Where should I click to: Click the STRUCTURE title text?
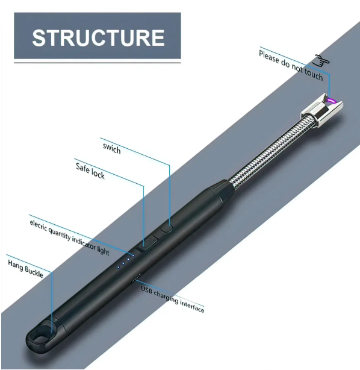[98, 38]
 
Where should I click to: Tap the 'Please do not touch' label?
[291, 65]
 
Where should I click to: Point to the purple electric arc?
[331, 100]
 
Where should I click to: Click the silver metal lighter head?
[321, 109]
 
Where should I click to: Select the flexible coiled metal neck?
[268, 153]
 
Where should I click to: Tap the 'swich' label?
[112, 148]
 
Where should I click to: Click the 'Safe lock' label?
[90, 171]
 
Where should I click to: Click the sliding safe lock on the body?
[147, 244]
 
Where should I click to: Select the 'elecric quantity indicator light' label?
[70, 237]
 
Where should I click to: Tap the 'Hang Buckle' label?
[25, 269]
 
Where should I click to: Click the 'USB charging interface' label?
[172, 299]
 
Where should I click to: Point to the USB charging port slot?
[136, 278]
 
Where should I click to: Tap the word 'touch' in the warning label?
[313, 74]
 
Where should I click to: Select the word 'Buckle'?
[34, 272]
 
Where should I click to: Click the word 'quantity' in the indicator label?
[60, 233]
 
